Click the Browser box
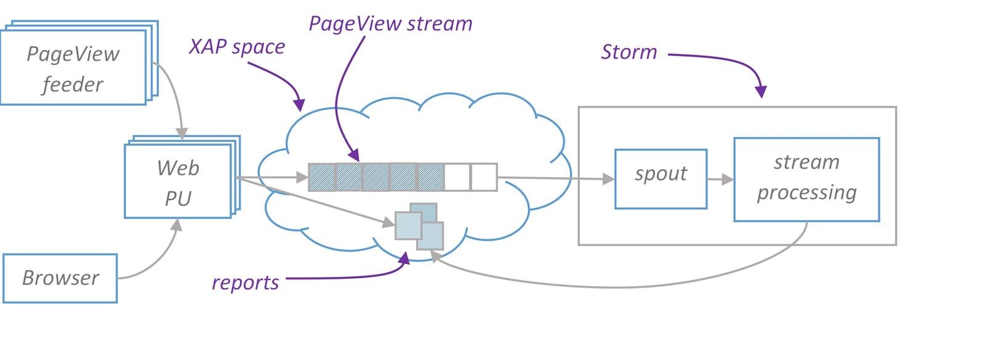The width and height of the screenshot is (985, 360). [x=60, y=278]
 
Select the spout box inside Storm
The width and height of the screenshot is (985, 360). [x=661, y=179]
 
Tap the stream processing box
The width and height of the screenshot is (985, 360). [x=807, y=179]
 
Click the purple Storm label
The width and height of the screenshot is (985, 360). [x=629, y=52]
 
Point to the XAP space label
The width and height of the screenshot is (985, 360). [x=237, y=47]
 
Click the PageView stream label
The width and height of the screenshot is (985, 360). [x=390, y=24]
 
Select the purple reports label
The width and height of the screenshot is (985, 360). [x=246, y=282]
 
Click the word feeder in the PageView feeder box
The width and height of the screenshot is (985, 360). [x=73, y=84]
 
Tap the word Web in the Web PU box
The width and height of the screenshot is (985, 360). [x=178, y=168]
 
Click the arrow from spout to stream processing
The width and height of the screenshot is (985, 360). [x=720, y=179]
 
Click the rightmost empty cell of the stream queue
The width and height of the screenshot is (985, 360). [x=484, y=177]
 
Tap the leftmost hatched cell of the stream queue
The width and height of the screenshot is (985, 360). [x=322, y=177]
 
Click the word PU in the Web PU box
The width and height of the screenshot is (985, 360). [x=178, y=199]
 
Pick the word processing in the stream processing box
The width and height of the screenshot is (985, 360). [x=807, y=193]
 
